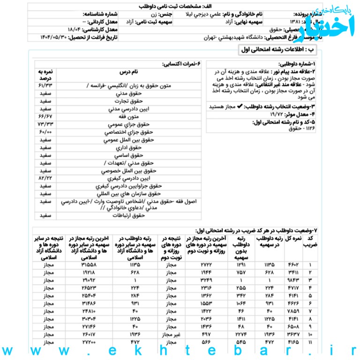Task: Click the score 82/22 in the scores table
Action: (x=45, y=179)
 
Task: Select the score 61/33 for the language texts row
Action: (x=45, y=86)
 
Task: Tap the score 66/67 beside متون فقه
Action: (x=45, y=116)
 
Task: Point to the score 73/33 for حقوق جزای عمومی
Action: (x=45, y=125)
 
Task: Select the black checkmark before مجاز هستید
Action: (x=240, y=106)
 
